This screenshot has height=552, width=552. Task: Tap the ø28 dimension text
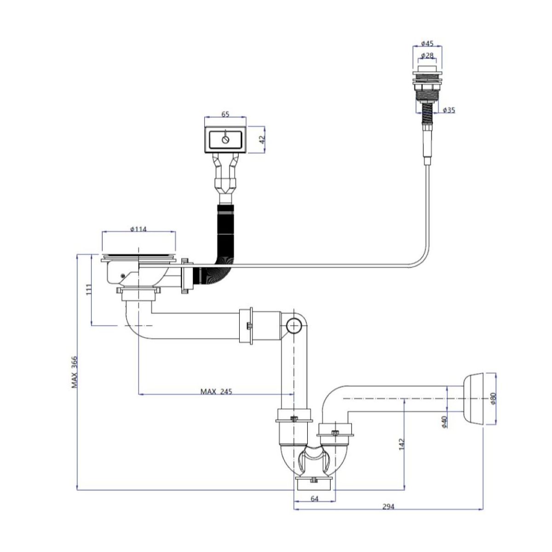pyautogui.click(x=428, y=56)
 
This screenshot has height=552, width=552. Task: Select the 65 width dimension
pyautogui.click(x=225, y=115)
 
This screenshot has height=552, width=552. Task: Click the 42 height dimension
pyautogui.click(x=263, y=140)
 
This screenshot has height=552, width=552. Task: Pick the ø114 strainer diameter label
pyautogui.click(x=138, y=229)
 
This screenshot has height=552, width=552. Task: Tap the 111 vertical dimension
pyautogui.click(x=90, y=289)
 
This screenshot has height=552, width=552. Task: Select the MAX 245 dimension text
pyautogui.click(x=216, y=391)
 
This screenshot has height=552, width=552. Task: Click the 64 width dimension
pyautogui.click(x=315, y=499)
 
